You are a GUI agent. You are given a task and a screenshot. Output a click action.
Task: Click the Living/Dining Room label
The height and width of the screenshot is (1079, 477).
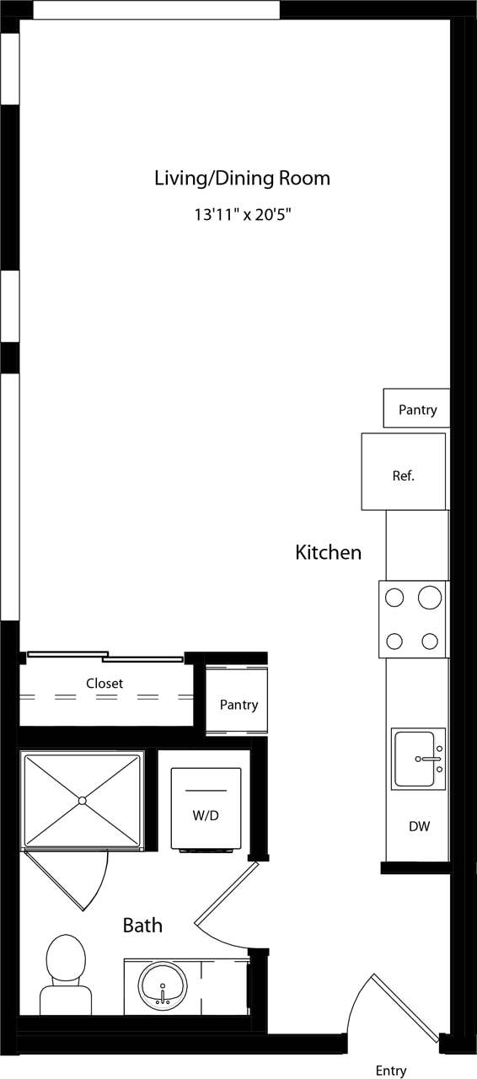pos(242,179)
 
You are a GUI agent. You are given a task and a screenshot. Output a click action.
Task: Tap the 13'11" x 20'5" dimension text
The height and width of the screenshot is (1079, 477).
pos(243,215)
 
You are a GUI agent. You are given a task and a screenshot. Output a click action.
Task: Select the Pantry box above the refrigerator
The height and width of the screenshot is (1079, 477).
pos(417,410)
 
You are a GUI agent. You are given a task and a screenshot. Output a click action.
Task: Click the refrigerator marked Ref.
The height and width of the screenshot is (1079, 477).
pos(404,474)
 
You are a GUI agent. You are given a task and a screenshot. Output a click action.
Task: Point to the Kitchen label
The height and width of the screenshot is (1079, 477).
pos(328,553)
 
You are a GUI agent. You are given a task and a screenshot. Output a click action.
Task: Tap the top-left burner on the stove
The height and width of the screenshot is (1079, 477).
pos(394,599)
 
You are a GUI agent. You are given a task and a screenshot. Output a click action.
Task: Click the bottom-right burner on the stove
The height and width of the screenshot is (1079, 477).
pos(430,641)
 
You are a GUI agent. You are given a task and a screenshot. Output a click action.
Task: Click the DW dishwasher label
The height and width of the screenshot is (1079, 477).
pos(419,827)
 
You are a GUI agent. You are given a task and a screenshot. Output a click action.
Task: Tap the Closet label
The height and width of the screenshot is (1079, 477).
pos(105,684)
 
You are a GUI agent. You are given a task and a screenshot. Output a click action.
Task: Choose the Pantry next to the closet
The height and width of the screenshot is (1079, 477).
pos(238,705)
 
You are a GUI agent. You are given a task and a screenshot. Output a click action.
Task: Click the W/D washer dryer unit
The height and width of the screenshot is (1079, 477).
pos(206,809)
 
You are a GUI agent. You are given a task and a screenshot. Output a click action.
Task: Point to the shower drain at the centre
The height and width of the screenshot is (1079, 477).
pos(83,800)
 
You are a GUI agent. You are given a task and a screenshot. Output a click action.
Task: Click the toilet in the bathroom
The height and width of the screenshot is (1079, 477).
pos(66,974)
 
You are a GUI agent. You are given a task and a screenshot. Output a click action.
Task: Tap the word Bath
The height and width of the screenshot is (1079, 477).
pos(142,926)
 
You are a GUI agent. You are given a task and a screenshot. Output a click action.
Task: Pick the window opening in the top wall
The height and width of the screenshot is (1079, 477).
pos(156,10)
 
